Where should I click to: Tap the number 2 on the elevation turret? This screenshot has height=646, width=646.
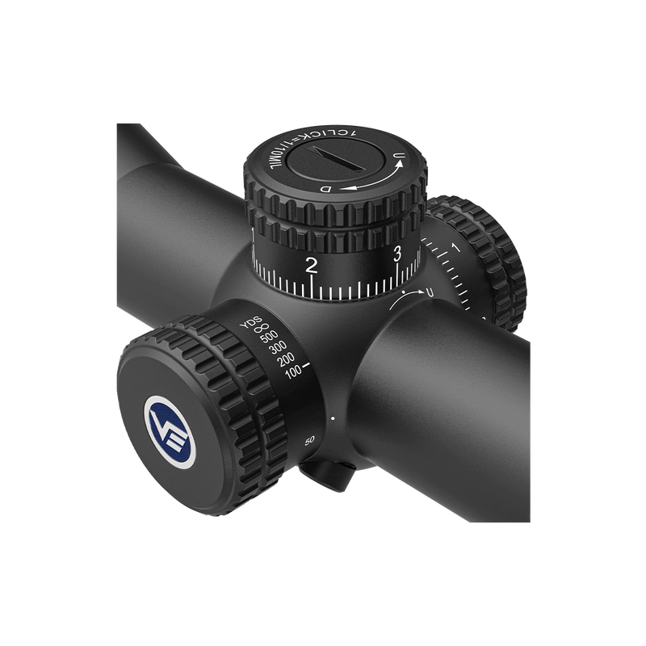tap(312, 265)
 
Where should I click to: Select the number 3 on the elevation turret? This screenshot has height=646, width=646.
tap(396, 254)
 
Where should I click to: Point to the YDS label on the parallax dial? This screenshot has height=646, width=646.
tap(250, 323)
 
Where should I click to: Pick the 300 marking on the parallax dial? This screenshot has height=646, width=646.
tap(279, 349)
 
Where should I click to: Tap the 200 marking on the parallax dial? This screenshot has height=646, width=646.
tap(287, 359)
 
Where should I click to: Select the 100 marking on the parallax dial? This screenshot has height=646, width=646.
tap(293, 371)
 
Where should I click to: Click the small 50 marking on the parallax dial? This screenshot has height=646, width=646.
tap(309, 440)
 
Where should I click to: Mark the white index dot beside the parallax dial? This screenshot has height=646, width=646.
tap(333, 417)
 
